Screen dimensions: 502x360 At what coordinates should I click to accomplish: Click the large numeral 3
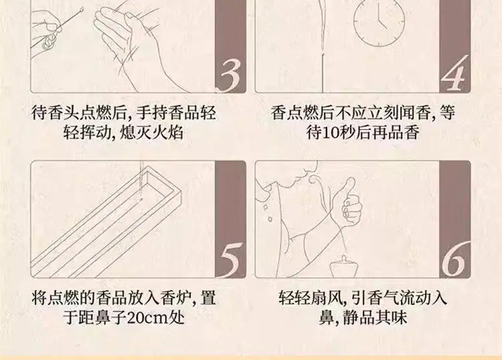pos(231,76)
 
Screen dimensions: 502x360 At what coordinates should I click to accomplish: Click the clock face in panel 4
pos(379,21)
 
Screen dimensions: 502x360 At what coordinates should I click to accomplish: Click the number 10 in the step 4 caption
pos(331,132)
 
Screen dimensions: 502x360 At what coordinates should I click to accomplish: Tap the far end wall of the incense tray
pos(161,183)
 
